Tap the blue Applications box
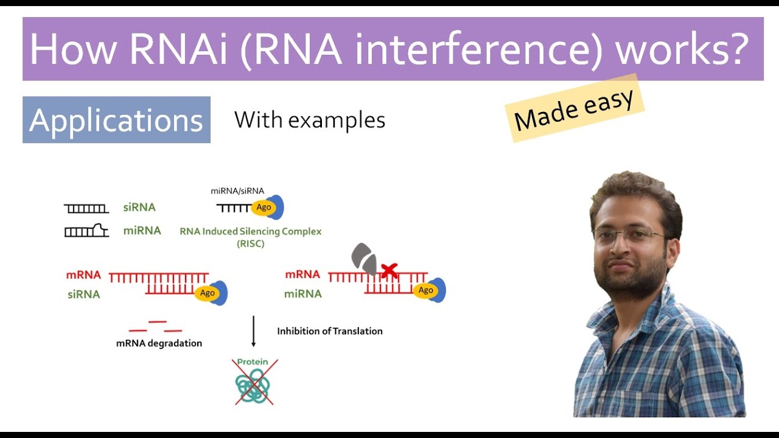[116, 120]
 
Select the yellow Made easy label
[573, 109]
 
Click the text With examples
[310, 120]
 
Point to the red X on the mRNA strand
[389, 271]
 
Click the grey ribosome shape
[365, 260]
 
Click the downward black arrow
[254, 331]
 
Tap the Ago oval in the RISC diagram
[264, 207]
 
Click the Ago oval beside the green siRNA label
[208, 293]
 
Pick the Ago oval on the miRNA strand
[426, 290]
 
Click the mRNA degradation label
[159, 343]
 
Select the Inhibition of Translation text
[330, 331]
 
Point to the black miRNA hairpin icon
[86, 231]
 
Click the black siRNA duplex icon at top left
[86, 208]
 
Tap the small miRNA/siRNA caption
[237, 190]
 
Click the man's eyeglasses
[629, 235]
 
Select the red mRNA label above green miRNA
[302, 274]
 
